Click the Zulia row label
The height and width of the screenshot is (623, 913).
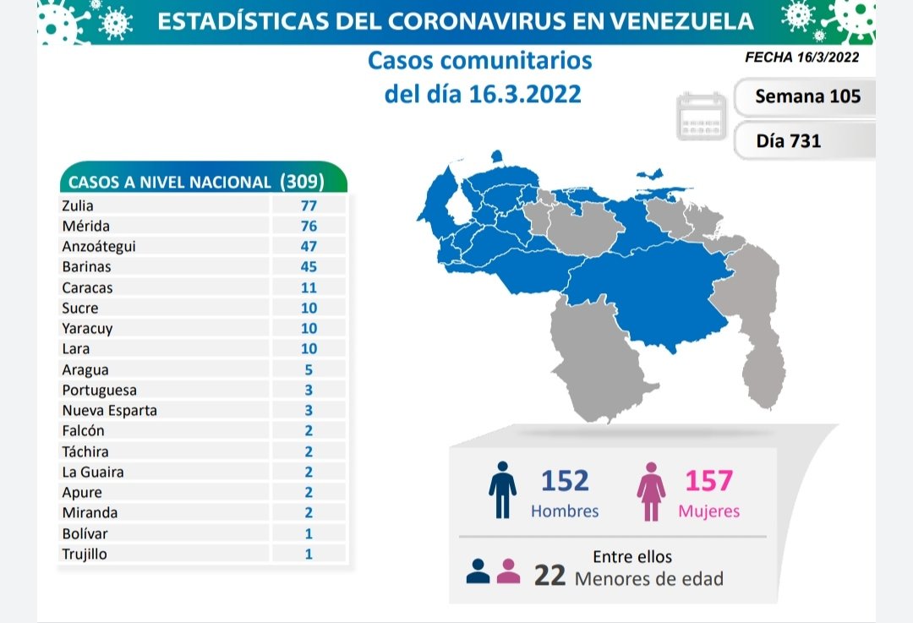point(78,205)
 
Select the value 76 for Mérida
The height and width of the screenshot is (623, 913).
point(309,226)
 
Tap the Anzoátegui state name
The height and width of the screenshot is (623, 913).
point(99,246)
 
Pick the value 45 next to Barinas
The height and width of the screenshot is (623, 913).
point(309,266)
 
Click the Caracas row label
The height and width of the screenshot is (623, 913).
point(87,287)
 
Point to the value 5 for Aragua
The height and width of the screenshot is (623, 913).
point(309,369)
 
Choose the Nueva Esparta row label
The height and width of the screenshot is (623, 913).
point(109,410)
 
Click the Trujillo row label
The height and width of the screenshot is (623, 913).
point(85,554)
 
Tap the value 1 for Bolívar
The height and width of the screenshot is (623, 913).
point(309,533)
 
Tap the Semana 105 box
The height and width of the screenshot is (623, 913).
point(807,96)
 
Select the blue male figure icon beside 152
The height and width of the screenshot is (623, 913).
point(501,489)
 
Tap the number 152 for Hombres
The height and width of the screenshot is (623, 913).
point(565,481)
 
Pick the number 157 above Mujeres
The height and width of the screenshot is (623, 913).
point(708,481)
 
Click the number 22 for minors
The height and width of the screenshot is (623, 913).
point(550,576)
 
